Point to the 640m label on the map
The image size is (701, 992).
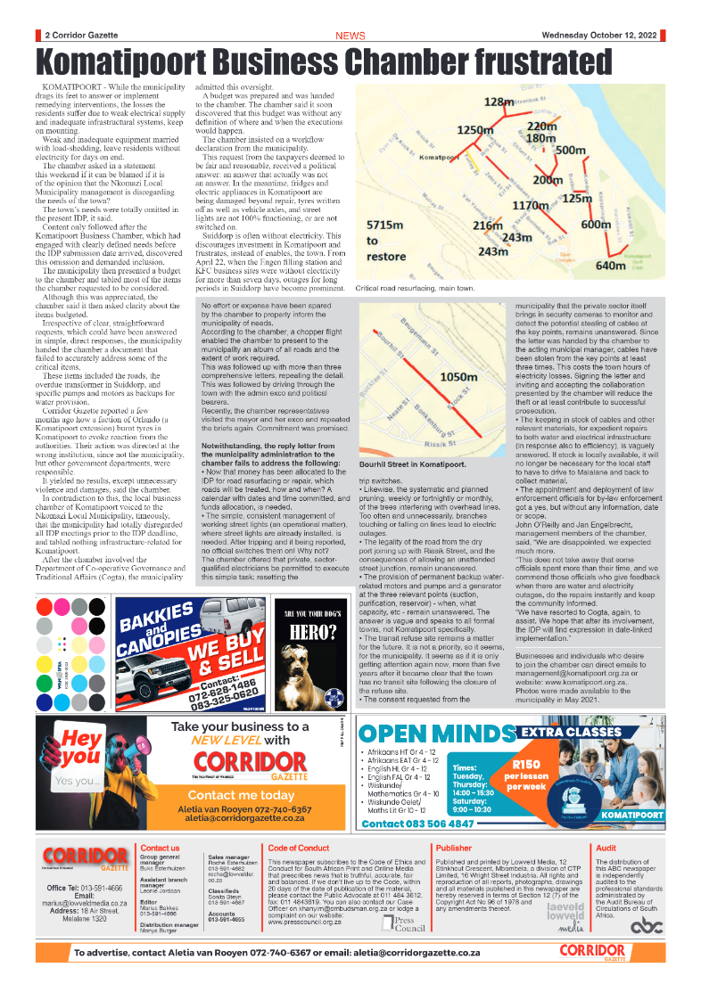pyautogui.click(x=611, y=266)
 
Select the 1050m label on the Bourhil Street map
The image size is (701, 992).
pyautogui.click(x=460, y=377)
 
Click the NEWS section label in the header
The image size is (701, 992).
pyautogui.click(x=350, y=36)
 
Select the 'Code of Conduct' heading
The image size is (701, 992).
pyautogui.click(x=299, y=848)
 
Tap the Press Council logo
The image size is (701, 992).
pyautogui.click(x=409, y=924)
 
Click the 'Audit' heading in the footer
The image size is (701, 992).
pyautogui.click(x=606, y=848)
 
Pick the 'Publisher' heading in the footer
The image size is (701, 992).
pyautogui.click(x=454, y=848)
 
